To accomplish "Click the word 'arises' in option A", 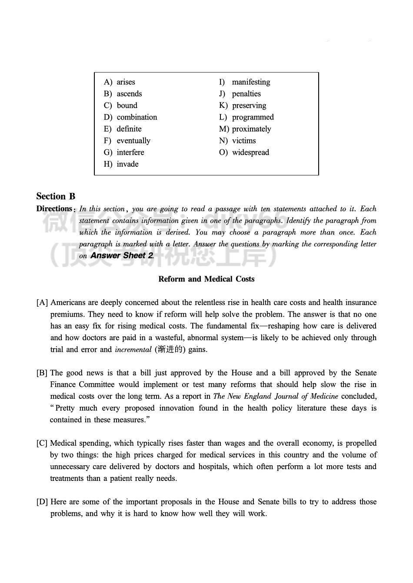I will point(126,82).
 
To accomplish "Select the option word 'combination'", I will point(137,117).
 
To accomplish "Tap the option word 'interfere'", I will point(130,152).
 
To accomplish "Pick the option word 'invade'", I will point(127,164).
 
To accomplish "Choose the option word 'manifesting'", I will point(251,82).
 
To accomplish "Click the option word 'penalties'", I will point(246,94).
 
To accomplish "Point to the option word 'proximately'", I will point(251,129).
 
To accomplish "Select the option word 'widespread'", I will point(250,152).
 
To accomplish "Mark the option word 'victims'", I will point(244,141).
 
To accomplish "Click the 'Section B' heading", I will point(56,196).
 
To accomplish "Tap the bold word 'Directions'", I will point(54,209).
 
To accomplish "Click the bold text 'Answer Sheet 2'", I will point(122,256).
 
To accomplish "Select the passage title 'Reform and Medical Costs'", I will point(206,279).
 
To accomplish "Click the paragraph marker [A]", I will point(42,303).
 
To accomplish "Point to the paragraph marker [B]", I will point(42,373).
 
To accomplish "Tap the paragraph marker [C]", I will point(42,444).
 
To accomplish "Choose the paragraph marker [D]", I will point(42,502).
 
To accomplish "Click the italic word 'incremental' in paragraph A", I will point(133,350).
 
